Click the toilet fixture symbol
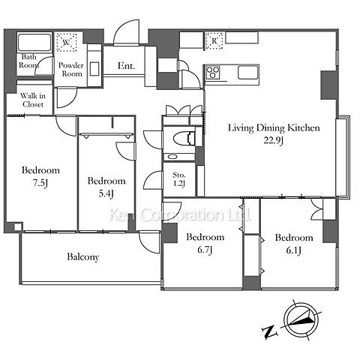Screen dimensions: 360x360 click(184, 139)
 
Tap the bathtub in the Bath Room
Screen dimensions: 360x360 click(34, 43)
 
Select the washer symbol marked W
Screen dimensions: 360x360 click(66, 42)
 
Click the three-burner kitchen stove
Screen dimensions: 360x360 click(213, 72)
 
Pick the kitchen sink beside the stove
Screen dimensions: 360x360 click(248, 72)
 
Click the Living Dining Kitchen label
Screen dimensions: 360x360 click(274, 128)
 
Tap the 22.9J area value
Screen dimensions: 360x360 click(274, 140)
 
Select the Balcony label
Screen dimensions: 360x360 click(83, 257)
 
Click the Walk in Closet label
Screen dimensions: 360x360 click(33, 100)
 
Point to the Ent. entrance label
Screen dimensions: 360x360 click(126, 66)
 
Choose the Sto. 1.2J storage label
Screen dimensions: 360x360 click(179, 179)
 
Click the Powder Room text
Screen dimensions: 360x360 click(71, 70)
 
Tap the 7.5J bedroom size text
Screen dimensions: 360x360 click(40, 183)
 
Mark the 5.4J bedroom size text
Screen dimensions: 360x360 click(106, 193)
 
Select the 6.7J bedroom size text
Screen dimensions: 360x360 click(205, 250)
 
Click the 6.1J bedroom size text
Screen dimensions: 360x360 click(293, 250)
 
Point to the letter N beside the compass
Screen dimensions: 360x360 click(269, 332)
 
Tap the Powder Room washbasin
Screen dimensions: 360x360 click(94, 68)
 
